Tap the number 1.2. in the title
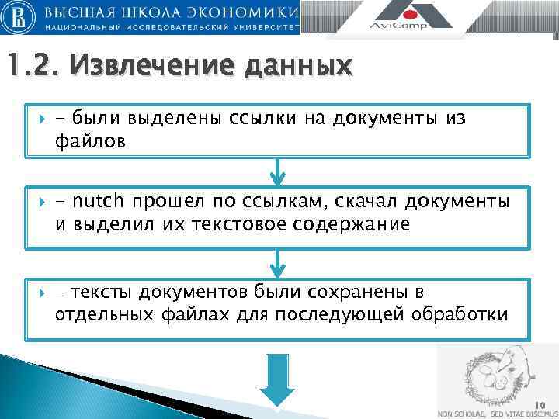click(32, 68)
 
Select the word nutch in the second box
click(98, 202)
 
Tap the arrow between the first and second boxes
click(277, 172)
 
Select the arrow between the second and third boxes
click(277, 262)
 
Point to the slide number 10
click(540, 404)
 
